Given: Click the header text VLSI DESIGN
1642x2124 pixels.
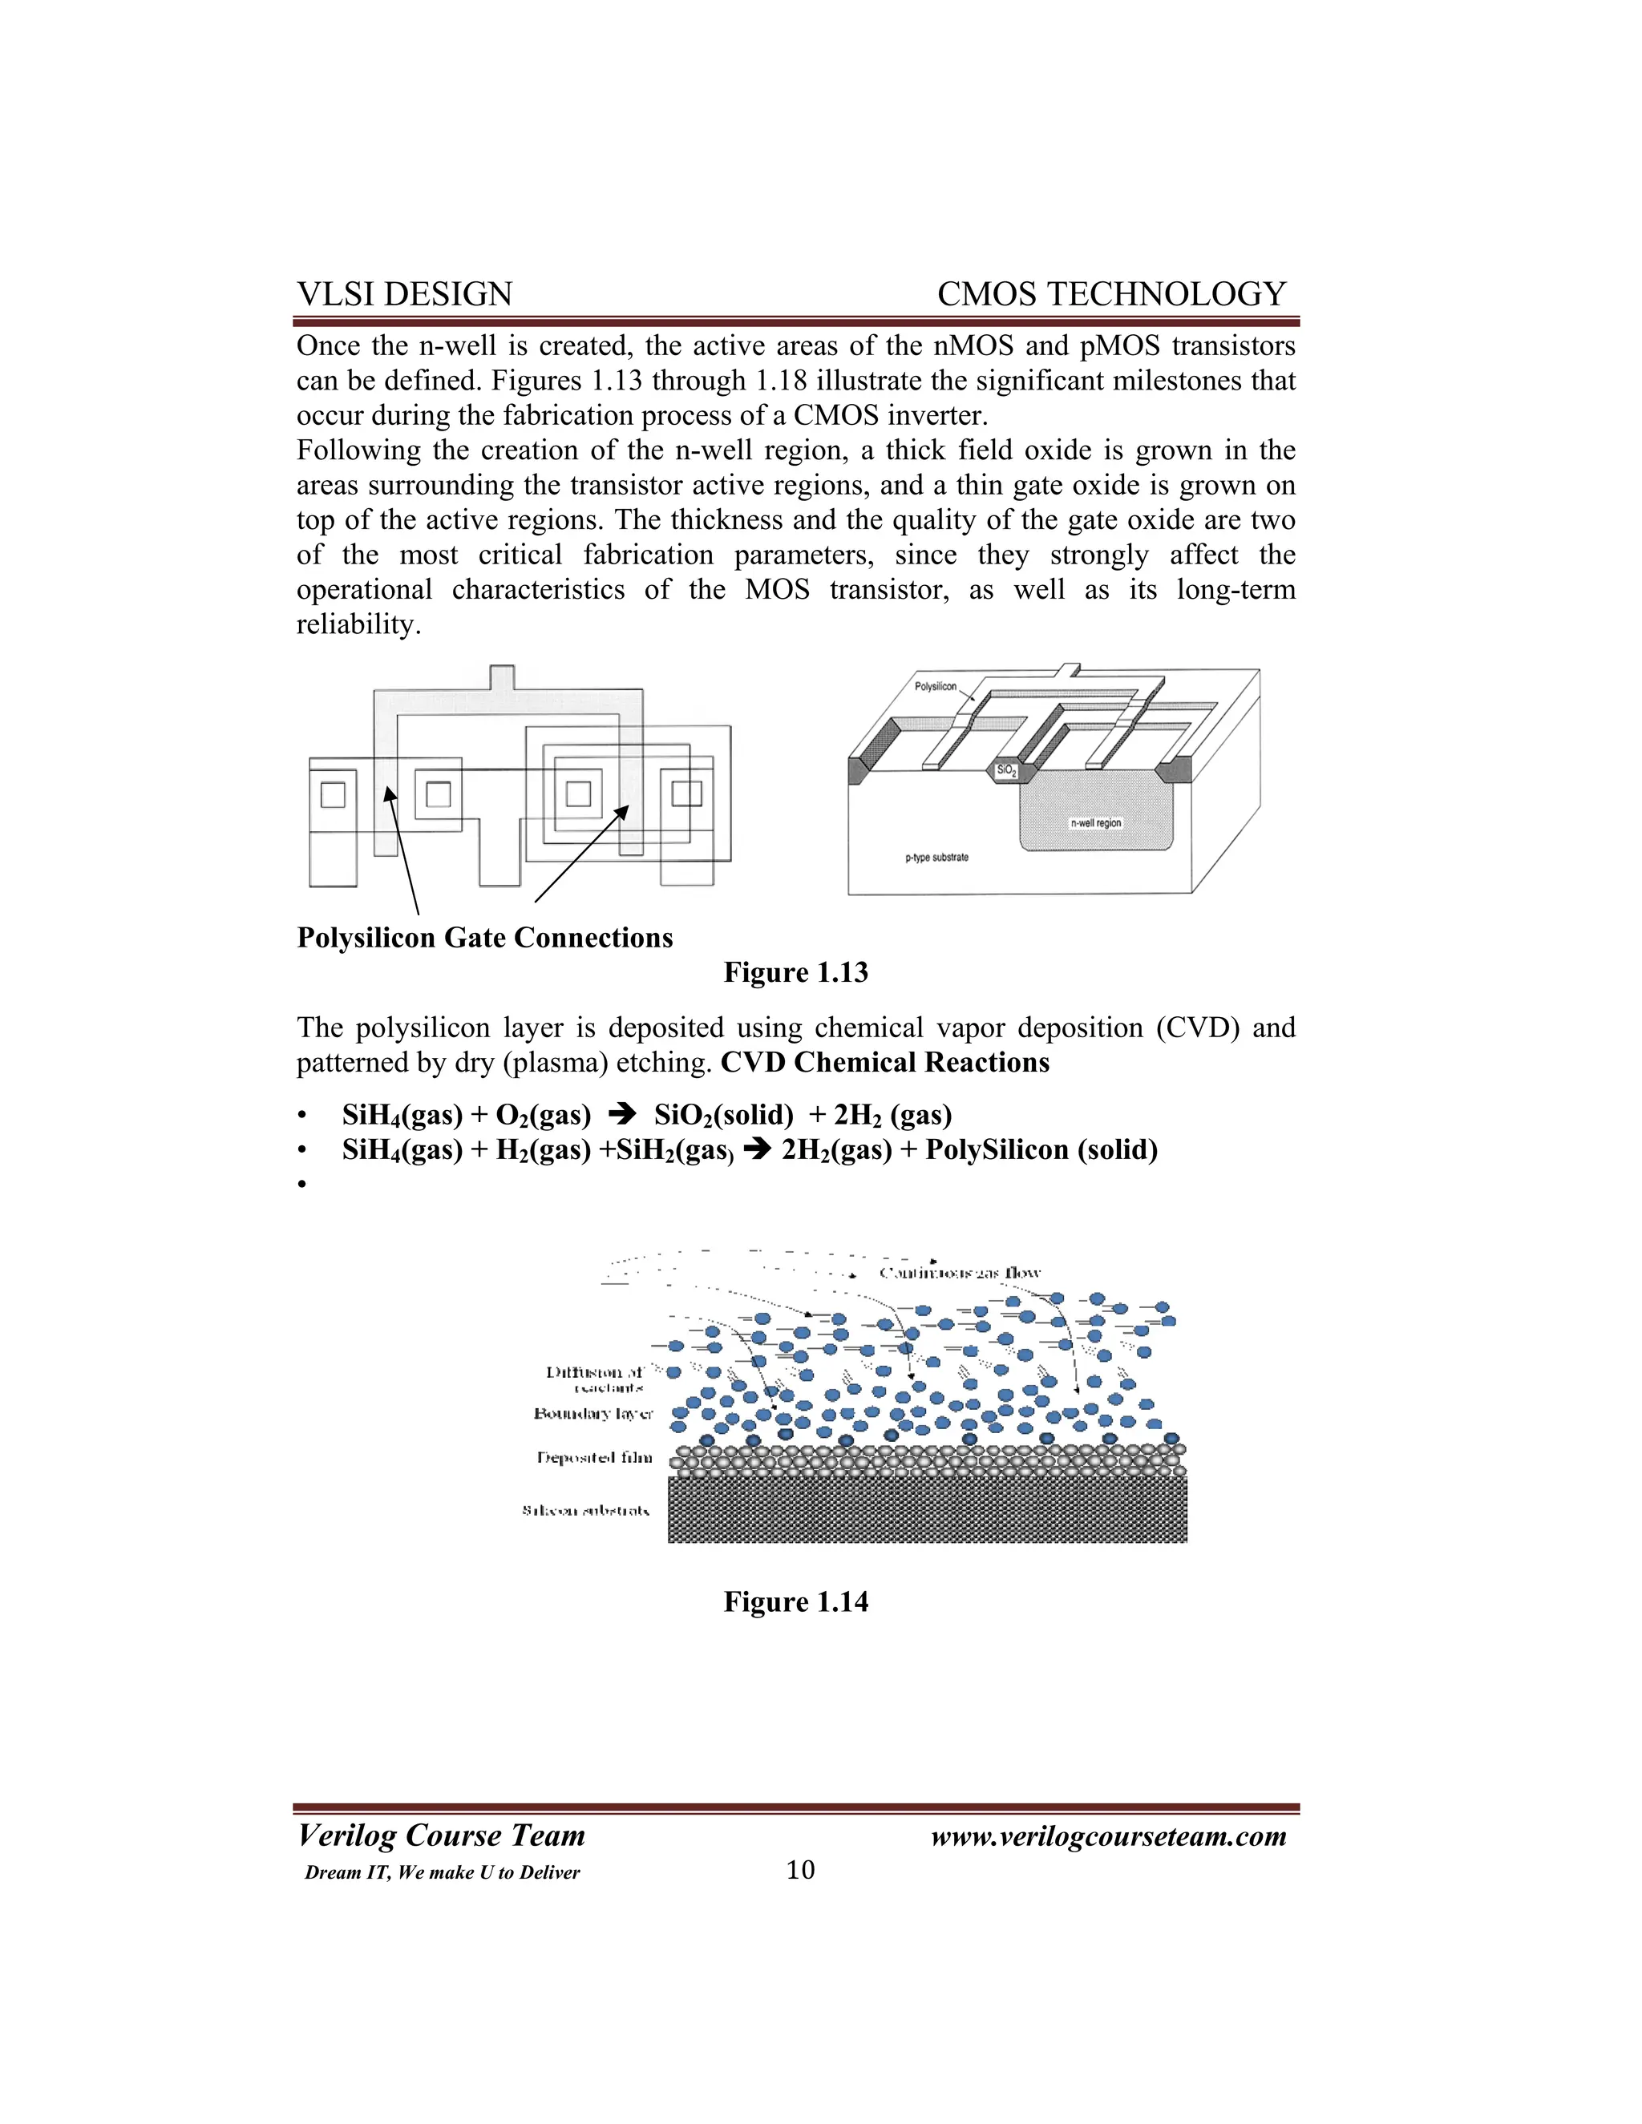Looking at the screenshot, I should [x=404, y=293].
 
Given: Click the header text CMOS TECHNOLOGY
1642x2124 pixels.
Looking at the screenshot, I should [x=1111, y=293].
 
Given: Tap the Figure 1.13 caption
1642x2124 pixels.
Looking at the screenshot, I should [x=795, y=972].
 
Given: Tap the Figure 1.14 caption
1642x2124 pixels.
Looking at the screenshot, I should [x=795, y=1601].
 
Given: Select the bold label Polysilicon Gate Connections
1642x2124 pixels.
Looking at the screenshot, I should [x=484, y=938].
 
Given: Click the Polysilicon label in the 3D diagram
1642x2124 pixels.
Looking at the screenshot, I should [x=935, y=687].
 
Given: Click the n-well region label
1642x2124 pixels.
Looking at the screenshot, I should [x=1095, y=823].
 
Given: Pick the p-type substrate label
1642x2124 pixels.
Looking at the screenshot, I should [x=936, y=858].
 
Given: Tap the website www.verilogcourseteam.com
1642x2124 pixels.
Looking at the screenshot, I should [x=1108, y=1836].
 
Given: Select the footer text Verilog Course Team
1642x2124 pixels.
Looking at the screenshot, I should [x=441, y=1835].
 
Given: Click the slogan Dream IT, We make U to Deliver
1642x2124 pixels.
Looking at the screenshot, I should [x=442, y=1873].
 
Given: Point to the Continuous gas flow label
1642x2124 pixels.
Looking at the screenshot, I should [x=959, y=1273].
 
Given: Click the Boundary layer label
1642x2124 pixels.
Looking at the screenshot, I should [x=593, y=1413].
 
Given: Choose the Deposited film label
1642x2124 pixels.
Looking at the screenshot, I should [x=594, y=1458].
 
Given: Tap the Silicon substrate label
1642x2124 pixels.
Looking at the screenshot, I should [x=585, y=1510].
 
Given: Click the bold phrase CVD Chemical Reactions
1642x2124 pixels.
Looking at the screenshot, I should [x=884, y=1062].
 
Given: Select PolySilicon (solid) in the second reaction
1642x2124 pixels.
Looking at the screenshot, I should [x=1041, y=1149].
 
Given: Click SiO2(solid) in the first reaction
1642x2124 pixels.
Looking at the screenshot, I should [x=724, y=1115].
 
